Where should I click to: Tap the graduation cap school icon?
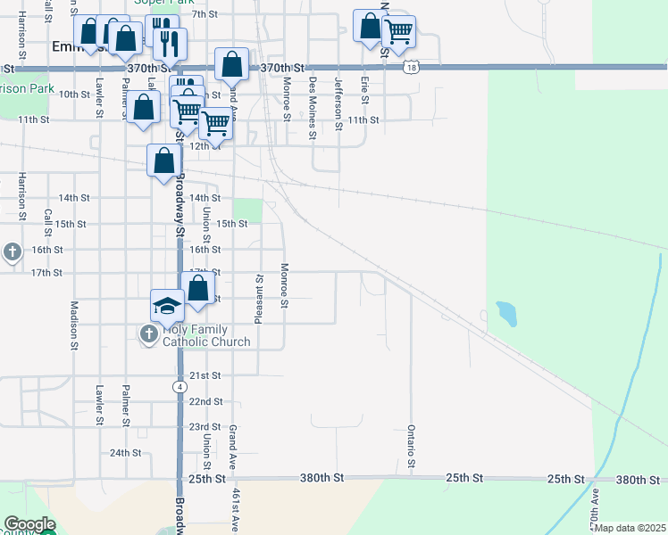[167, 307]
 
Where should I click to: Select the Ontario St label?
[412, 445]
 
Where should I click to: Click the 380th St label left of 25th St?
[323, 479]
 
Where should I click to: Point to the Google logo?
[29, 525]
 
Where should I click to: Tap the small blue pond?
[505, 313]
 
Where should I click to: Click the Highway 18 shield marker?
[410, 68]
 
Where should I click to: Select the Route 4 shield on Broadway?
[180, 387]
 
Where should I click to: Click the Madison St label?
[75, 317]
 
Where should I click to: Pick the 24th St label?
[126, 453]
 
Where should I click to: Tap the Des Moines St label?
[313, 107]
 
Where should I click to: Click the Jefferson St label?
[338, 103]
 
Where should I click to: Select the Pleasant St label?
[259, 299]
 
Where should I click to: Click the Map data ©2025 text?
[630, 528]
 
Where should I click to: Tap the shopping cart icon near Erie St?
[398, 31]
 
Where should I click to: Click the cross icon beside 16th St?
[12, 252]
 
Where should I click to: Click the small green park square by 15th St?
[253, 210]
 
